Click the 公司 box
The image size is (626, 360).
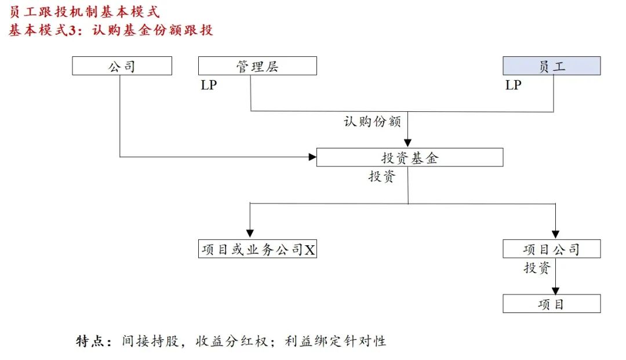point(122,66)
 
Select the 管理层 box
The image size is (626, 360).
point(257,66)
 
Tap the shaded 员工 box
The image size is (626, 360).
point(551,66)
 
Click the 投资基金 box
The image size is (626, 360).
point(409,158)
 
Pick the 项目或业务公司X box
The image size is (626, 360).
point(257,249)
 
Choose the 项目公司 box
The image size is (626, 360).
point(551,249)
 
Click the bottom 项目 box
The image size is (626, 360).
point(551,304)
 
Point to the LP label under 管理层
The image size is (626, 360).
point(209,85)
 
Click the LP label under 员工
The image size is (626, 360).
point(513,85)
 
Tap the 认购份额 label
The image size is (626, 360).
point(372,122)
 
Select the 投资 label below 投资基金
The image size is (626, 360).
point(381,177)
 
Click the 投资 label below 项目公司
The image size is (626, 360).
point(536,268)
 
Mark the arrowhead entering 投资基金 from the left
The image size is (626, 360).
point(312,157)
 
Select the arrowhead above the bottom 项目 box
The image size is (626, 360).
point(556,290)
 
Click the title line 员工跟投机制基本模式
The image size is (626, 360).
point(84,12)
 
